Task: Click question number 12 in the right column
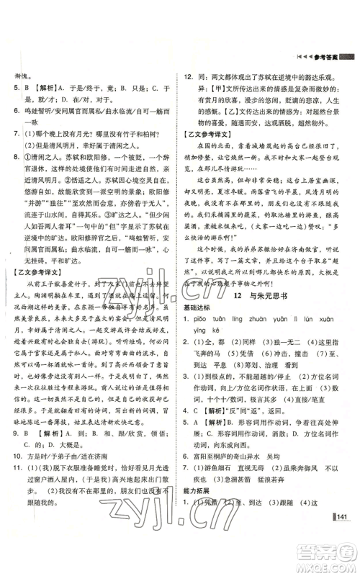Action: pos(189,74)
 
